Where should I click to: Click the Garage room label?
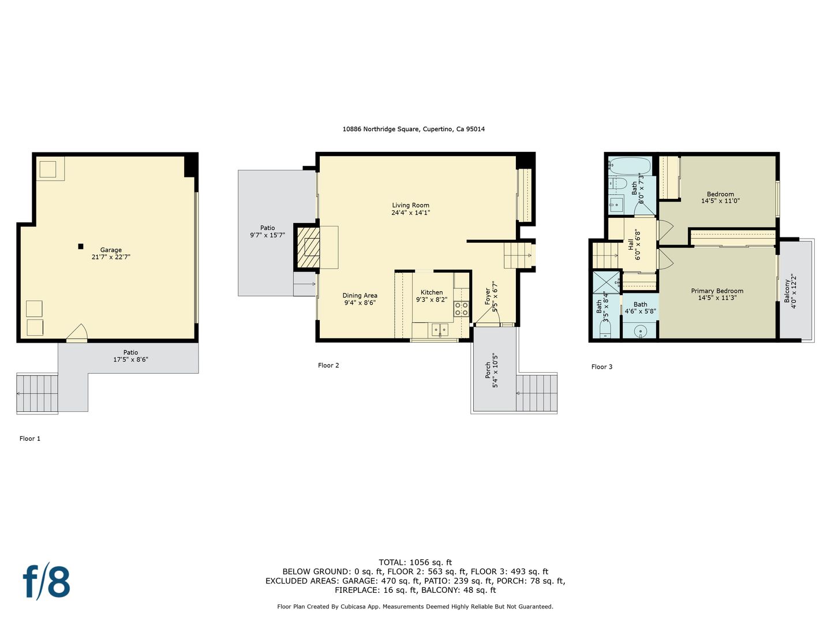pyautogui.click(x=111, y=250)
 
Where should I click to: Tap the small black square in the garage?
pyautogui.click(x=81, y=246)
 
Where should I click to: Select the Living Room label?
pyautogui.click(x=410, y=205)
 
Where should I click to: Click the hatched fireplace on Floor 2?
pyautogui.click(x=307, y=247)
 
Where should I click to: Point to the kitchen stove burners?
pyautogui.click(x=461, y=309)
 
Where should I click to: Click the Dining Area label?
pyautogui.click(x=360, y=295)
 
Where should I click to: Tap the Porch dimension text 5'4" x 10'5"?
pyautogui.click(x=495, y=371)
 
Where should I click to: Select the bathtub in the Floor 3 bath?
pyautogui.click(x=630, y=166)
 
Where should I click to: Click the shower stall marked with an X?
pyautogui.click(x=606, y=283)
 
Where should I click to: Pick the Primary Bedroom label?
pyautogui.click(x=717, y=291)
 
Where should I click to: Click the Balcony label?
pyautogui.click(x=787, y=291)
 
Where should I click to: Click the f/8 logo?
pyautogui.click(x=47, y=582)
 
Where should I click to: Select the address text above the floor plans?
pyautogui.click(x=413, y=129)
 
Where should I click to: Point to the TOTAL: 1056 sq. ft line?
pyautogui.click(x=415, y=563)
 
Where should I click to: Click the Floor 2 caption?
pyautogui.click(x=328, y=365)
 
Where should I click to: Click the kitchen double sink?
pyautogui.click(x=440, y=330)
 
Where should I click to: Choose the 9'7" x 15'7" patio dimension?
pyautogui.click(x=267, y=235)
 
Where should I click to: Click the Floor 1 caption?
pyautogui.click(x=30, y=439)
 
